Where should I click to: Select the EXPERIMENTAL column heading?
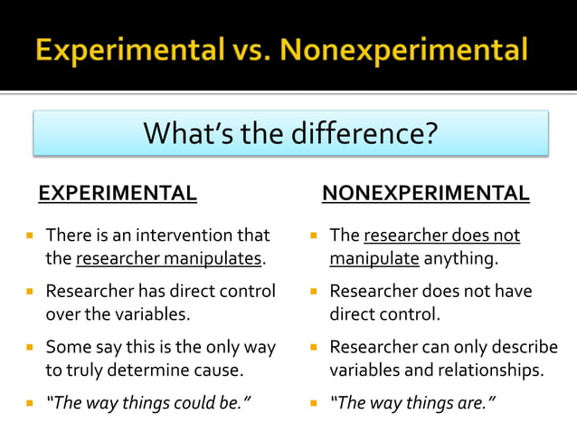117,193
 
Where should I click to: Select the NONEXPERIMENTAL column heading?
425,193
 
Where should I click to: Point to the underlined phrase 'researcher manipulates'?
168,259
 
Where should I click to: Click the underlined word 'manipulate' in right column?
374,259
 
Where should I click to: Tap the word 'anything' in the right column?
460,259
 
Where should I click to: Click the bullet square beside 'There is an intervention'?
30,236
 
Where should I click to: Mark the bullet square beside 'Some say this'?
30,347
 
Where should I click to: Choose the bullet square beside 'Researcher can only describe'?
313,347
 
